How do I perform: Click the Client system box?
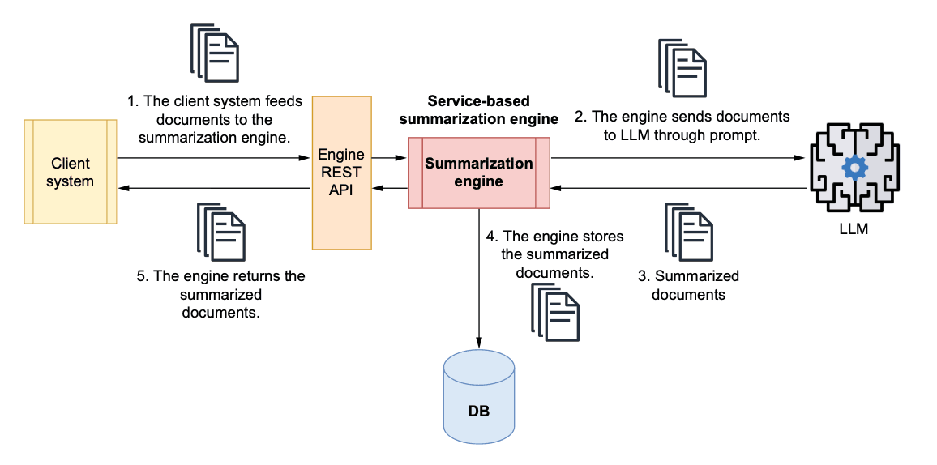tap(71, 171)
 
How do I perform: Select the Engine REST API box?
tap(341, 172)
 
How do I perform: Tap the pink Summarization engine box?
tap(478, 172)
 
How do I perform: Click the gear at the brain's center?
tap(854, 168)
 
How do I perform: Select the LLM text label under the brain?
tap(854, 229)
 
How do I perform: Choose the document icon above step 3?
tap(690, 232)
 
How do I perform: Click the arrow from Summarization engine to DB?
tap(479, 275)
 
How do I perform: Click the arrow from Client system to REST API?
tap(214, 157)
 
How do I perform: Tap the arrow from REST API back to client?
tap(214, 188)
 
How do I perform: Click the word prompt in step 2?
tap(738, 135)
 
